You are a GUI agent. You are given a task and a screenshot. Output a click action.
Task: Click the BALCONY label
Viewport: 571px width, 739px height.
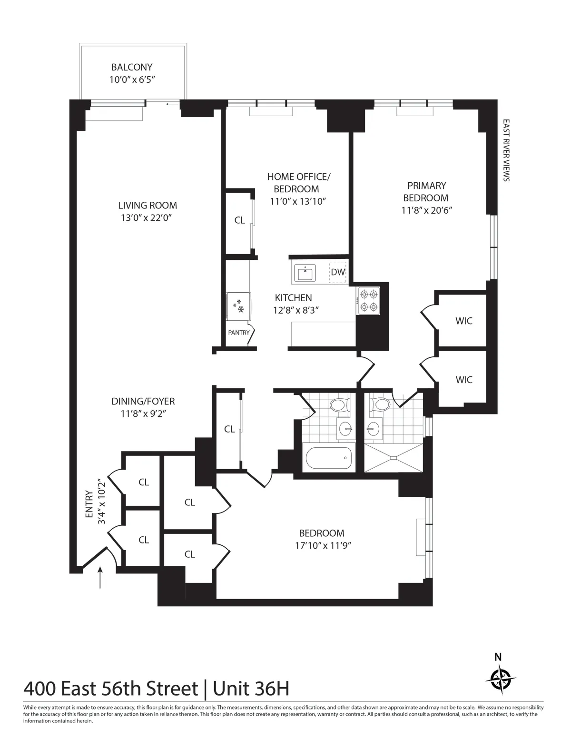tap(132, 68)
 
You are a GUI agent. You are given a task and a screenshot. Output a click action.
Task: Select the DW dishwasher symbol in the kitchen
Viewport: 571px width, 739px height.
tap(338, 272)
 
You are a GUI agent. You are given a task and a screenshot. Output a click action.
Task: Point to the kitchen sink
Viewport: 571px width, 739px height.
tap(304, 273)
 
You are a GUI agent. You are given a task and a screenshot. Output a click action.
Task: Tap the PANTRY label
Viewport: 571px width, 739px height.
tap(238, 333)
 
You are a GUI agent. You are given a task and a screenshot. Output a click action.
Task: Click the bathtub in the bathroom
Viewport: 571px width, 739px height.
tap(329, 458)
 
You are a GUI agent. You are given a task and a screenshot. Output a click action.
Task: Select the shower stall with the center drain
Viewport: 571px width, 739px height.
tap(393, 458)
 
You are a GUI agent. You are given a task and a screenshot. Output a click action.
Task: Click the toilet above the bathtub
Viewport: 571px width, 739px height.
tap(339, 405)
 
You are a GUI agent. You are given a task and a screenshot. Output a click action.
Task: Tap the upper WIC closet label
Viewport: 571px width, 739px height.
tap(464, 321)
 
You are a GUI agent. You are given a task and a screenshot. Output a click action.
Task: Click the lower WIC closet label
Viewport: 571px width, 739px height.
tap(464, 380)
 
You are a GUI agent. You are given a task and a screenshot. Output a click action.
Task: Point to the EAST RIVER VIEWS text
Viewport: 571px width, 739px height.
tap(506, 150)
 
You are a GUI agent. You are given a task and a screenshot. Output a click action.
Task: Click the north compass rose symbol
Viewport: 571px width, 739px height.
tap(501, 676)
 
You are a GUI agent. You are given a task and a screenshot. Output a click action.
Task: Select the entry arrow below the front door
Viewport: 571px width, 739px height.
tap(100, 578)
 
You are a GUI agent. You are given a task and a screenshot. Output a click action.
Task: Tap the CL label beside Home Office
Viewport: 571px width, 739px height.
tap(239, 220)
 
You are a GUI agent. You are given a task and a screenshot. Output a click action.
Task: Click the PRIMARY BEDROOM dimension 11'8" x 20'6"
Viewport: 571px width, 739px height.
tap(426, 210)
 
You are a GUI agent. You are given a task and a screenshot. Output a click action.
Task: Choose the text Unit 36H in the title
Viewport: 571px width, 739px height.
tap(251, 689)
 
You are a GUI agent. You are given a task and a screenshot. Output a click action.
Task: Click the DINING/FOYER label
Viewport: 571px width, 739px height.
tap(143, 402)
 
